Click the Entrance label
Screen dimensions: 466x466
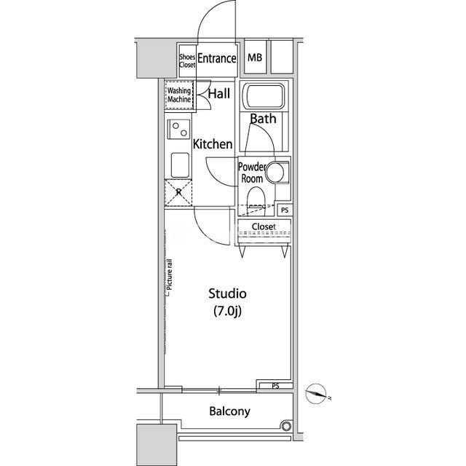[x=217, y=58]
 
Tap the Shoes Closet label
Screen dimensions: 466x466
[x=187, y=60]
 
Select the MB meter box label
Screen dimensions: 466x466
[x=255, y=58]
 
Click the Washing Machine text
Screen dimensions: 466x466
[x=179, y=95]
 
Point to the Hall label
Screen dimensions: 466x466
[x=219, y=94]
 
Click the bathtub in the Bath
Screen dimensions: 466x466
[x=264, y=96]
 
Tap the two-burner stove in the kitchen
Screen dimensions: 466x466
[x=179, y=129]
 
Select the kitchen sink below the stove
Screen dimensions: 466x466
[x=180, y=165]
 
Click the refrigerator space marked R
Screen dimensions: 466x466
[x=178, y=193]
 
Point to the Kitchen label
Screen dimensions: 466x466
[x=213, y=144]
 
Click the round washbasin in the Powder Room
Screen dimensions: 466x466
[x=275, y=172]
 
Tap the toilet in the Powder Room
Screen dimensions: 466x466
[x=256, y=199]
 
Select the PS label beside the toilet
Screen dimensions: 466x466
[x=285, y=210]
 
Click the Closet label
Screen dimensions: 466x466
[x=264, y=226]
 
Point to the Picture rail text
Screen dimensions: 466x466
[x=170, y=275]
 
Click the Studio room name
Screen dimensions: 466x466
[x=228, y=293]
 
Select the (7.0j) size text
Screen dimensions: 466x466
[x=227, y=311]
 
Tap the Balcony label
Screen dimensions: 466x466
[x=230, y=411]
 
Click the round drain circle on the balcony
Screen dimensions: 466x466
[x=286, y=426]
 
